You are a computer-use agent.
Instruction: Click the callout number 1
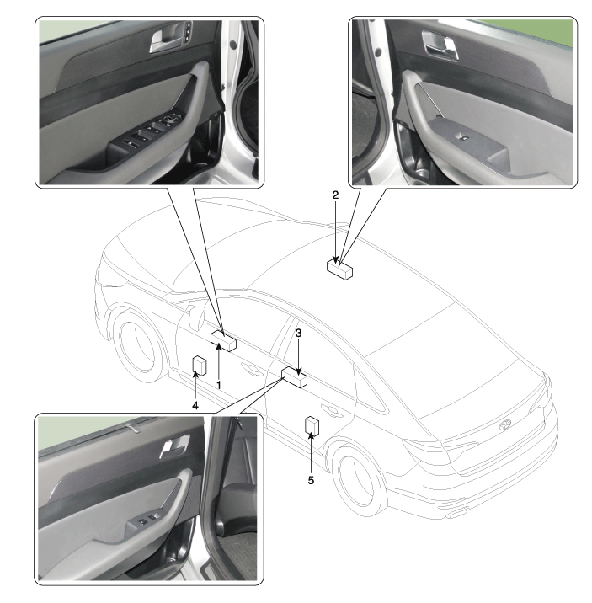tap(219, 385)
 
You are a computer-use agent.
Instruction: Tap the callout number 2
tap(335, 195)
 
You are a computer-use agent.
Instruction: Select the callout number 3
tap(298, 333)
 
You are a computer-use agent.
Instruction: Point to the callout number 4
tap(195, 405)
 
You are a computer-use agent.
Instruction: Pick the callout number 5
tap(311, 480)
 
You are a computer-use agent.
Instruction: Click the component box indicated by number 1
tap(223, 341)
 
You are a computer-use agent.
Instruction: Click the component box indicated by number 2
tap(339, 269)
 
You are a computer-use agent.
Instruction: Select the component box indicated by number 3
tap(295, 377)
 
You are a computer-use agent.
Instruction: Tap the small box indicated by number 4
tap(199, 366)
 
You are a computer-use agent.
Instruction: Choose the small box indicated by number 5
tap(312, 426)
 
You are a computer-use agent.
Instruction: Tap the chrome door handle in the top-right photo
tap(440, 45)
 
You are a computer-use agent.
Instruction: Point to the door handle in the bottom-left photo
tap(174, 447)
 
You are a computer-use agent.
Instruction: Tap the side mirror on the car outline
tap(196, 315)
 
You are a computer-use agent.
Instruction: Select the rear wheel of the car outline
tap(359, 478)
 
